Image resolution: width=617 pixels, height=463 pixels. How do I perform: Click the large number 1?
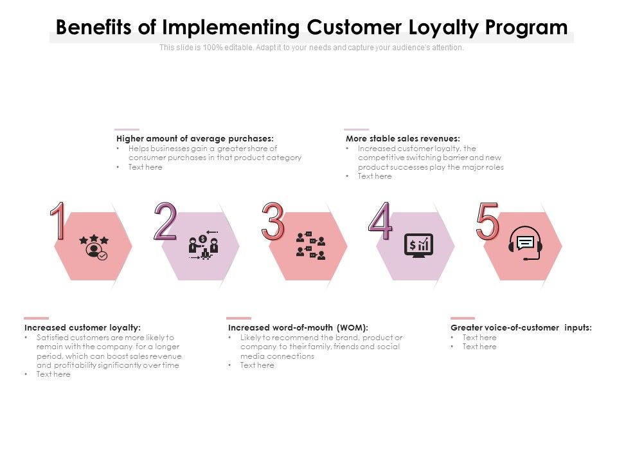(x=58, y=221)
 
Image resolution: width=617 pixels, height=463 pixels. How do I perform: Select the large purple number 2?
(x=165, y=222)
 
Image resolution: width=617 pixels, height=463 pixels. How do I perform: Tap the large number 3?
(x=273, y=221)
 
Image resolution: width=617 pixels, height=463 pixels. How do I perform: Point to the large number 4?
(x=380, y=222)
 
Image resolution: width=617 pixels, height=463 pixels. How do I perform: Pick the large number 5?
(x=487, y=221)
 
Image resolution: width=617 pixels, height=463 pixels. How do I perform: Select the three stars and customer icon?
(x=94, y=247)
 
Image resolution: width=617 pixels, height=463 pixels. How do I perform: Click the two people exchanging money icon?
(x=204, y=246)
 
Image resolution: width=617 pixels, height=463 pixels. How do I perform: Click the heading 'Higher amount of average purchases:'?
(x=195, y=138)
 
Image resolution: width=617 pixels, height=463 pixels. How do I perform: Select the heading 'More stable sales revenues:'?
(x=402, y=138)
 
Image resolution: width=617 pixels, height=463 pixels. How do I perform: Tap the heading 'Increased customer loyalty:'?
(x=82, y=327)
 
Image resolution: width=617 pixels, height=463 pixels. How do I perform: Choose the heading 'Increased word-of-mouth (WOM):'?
(x=298, y=327)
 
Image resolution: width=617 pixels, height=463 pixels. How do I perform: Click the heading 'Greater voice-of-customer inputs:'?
(x=521, y=327)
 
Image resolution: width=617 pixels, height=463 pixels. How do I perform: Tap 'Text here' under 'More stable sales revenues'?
(x=375, y=176)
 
